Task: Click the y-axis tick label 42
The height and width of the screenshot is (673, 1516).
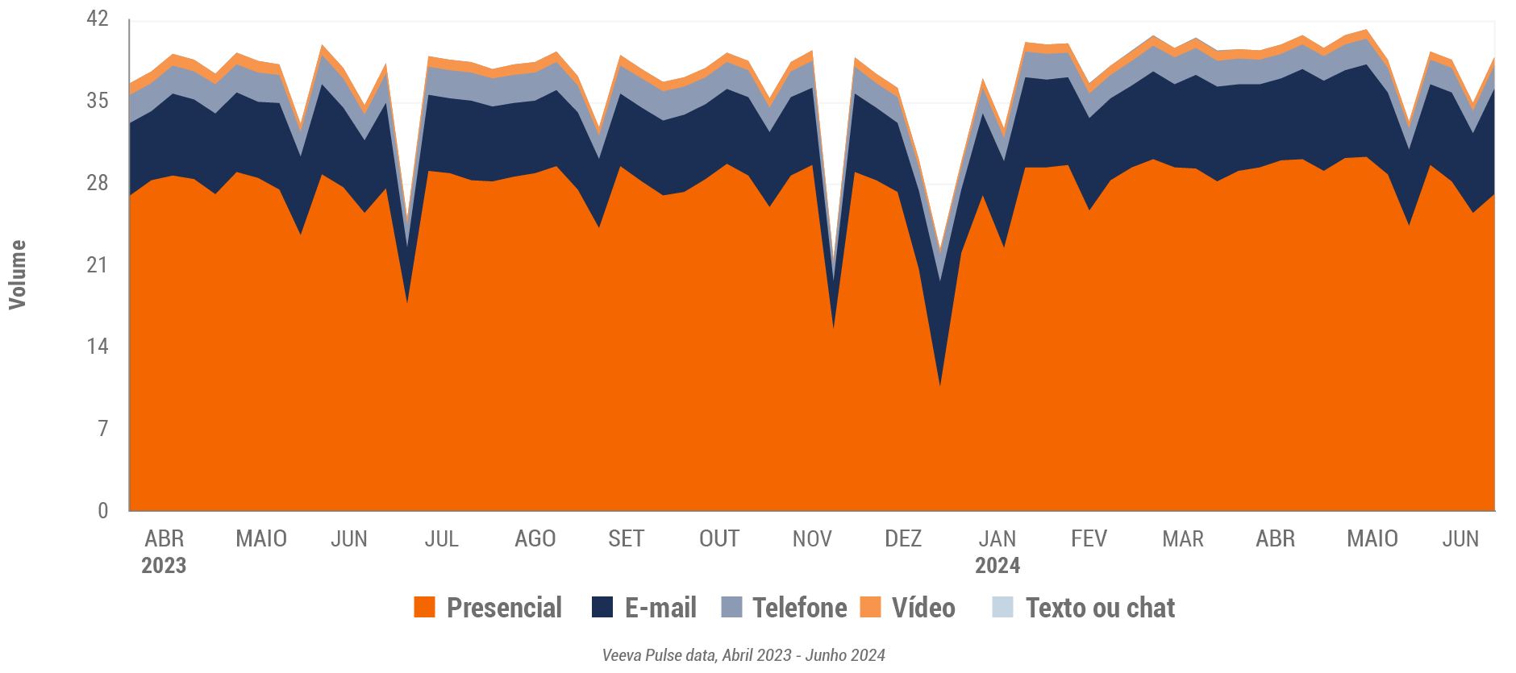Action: click(x=97, y=19)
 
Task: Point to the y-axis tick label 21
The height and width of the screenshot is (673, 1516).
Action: click(x=97, y=264)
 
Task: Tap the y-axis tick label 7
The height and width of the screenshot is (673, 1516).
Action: click(x=102, y=428)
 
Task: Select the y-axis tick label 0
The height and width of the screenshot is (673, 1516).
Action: click(x=102, y=510)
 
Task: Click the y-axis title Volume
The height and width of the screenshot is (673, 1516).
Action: click(x=18, y=275)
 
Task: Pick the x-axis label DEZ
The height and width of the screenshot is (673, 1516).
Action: click(x=903, y=538)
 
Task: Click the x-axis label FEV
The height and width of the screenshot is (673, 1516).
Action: click(x=1089, y=538)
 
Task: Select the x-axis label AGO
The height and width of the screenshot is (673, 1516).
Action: click(x=535, y=538)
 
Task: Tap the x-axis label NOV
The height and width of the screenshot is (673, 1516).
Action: click(x=812, y=538)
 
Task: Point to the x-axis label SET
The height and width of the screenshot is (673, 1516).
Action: click(x=626, y=538)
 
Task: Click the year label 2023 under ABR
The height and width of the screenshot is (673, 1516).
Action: click(x=164, y=566)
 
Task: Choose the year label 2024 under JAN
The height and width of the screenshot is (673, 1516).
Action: click(x=997, y=566)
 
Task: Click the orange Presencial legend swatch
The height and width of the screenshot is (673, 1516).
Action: click(x=424, y=607)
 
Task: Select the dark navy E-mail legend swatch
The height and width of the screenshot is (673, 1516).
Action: click(x=602, y=607)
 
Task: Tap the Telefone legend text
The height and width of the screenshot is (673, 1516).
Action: click(x=799, y=608)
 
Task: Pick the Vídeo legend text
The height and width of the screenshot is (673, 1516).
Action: click(x=923, y=608)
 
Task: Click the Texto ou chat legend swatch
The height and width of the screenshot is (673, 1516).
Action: click(x=1002, y=607)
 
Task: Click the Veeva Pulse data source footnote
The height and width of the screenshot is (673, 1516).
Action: click(x=743, y=655)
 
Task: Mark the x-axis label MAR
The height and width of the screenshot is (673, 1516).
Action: click(x=1183, y=538)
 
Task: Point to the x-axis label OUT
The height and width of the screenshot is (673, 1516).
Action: click(x=719, y=538)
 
